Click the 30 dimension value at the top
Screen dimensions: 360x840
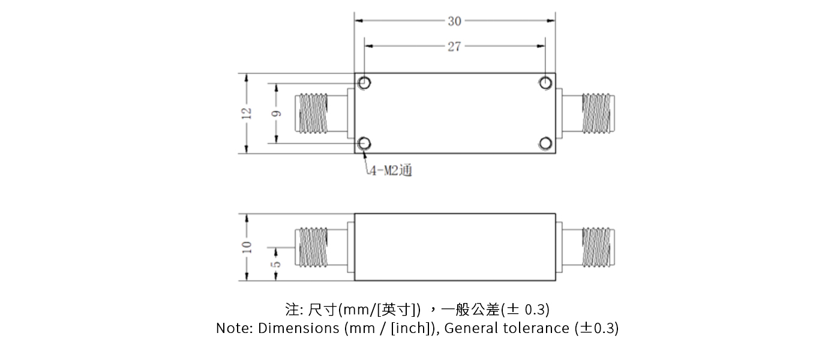click(x=454, y=21)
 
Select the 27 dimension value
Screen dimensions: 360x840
click(x=454, y=46)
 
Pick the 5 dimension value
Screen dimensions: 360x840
click(x=276, y=263)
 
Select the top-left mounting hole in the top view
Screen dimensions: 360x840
click(x=364, y=83)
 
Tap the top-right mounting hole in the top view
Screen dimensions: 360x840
click(x=545, y=83)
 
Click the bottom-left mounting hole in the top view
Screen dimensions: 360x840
click(x=364, y=143)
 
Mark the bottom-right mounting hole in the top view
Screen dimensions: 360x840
click(x=545, y=143)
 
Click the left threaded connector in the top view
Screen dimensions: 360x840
click(x=314, y=113)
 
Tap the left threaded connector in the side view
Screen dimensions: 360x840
click(x=314, y=247)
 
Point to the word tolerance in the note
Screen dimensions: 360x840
click(x=536, y=328)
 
